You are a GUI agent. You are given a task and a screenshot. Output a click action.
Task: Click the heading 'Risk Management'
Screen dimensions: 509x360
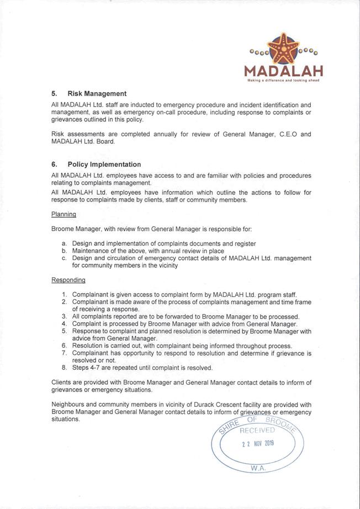[97, 94]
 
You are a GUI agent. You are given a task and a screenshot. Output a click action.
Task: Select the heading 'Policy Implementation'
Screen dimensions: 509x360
[104, 165]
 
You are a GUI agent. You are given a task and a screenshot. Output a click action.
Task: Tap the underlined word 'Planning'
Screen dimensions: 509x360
[63, 214]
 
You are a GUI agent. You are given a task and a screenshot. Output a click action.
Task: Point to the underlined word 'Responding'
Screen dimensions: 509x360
[68, 280]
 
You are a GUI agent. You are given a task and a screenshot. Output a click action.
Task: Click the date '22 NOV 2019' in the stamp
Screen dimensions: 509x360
[257, 443]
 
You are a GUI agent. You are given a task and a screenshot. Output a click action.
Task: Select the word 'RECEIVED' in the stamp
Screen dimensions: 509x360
[257, 430]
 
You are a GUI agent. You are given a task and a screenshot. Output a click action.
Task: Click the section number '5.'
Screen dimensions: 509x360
[55, 94]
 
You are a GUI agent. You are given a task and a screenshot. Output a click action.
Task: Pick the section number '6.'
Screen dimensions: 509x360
[55, 165]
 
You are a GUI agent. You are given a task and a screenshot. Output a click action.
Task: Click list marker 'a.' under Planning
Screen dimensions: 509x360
[65, 243]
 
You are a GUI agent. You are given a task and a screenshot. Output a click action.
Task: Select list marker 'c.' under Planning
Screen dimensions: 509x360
[65, 258]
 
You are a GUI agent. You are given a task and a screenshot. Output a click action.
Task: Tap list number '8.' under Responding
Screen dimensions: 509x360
[65, 368]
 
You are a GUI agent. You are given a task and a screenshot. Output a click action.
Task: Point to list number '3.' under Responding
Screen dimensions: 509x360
[65, 317]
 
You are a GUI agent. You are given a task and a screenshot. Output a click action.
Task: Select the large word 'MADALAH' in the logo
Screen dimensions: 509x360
[283, 72]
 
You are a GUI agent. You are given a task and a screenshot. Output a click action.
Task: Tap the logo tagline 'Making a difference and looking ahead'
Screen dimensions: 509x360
[283, 81]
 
